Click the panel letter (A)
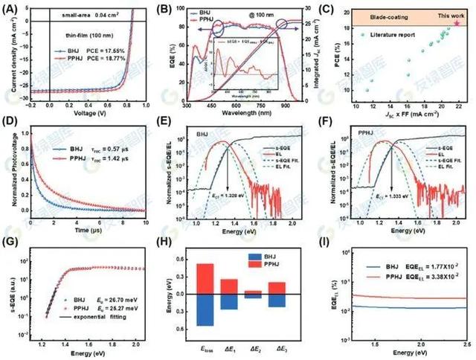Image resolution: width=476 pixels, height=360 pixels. (12, 11)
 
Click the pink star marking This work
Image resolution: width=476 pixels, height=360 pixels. (457, 23)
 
